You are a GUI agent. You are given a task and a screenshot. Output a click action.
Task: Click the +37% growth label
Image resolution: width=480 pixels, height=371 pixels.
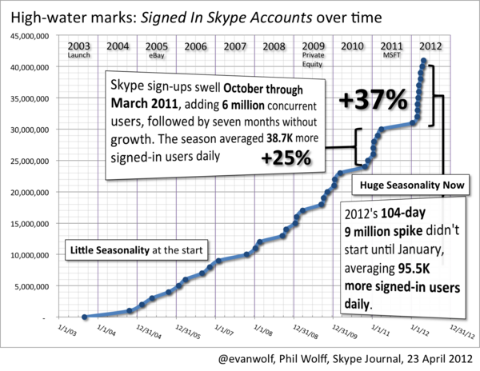point(373,102)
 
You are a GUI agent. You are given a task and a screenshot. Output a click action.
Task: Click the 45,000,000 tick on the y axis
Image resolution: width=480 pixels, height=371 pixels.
point(27,35)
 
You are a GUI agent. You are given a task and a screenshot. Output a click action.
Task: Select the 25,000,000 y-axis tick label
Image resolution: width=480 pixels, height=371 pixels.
point(27,162)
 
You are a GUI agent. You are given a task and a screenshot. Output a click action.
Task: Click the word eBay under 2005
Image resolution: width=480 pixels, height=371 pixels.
point(158,57)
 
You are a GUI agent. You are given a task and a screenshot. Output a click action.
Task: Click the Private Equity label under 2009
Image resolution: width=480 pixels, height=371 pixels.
point(314,61)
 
